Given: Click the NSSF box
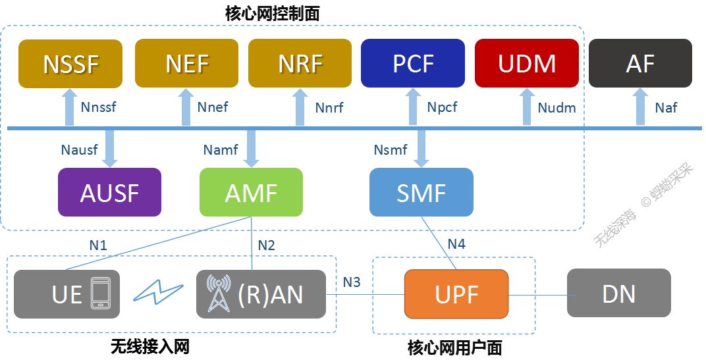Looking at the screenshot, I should [x=70, y=63].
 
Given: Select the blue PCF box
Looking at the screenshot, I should [x=413, y=63].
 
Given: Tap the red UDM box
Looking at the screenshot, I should [x=526, y=63].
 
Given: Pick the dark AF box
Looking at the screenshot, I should [x=640, y=63].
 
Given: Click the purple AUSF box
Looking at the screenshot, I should [x=109, y=192].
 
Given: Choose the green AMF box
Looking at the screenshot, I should [x=251, y=192].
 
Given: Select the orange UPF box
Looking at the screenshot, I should [x=456, y=294].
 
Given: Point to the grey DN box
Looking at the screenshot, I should [x=618, y=294].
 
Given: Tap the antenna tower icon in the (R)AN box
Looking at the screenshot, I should [x=219, y=294].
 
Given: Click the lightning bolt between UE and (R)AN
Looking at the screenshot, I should [x=157, y=293].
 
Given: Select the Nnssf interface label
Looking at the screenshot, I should [x=97, y=107].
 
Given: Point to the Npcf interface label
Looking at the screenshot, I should [x=442, y=107].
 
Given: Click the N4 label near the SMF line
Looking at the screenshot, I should [x=456, y=244].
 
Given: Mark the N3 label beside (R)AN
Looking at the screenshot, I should [x=352, y=282].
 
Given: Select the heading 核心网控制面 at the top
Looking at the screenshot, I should [x=272, y=13].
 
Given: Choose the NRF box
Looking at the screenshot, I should [x=300, y=63].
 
